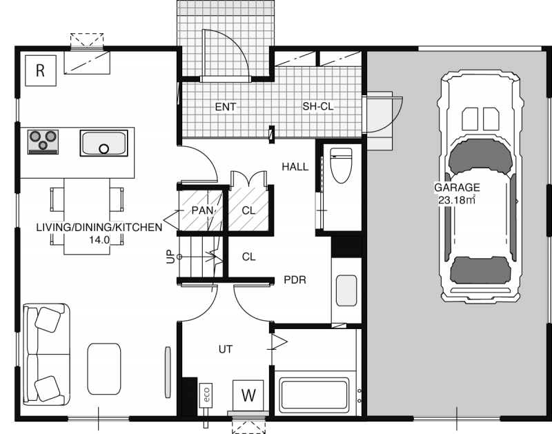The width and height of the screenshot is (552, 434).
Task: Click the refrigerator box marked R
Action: coord(41,70)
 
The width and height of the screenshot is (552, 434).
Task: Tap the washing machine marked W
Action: coord(248,395)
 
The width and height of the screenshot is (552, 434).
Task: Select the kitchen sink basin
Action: coord(104,144)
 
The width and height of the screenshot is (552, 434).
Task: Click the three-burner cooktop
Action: coord(43,142)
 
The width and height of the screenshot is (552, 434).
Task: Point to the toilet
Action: coord(340,165)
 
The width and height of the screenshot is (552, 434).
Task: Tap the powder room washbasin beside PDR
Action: coord(346,290)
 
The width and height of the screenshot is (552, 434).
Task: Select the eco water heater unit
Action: coord(206,395)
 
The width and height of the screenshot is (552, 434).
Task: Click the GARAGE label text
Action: coord(457,188)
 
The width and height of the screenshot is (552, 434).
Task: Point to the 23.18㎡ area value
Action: coord(457,200)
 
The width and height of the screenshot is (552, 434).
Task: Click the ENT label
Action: coord(226,107)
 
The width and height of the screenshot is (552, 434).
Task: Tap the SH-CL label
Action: coord(318,106)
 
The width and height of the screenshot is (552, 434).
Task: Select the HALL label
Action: coord(295,166)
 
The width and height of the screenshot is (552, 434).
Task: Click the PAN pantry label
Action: coord(203,210)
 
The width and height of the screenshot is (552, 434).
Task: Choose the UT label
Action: coord(226,350)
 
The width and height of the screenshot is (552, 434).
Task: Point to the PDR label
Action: coord(295,280)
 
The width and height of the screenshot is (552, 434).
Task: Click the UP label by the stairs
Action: coord(170,257)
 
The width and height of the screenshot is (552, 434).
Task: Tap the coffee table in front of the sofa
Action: coord(104,369)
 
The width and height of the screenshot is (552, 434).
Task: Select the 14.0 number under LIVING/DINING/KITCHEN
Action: coord(99,240)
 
